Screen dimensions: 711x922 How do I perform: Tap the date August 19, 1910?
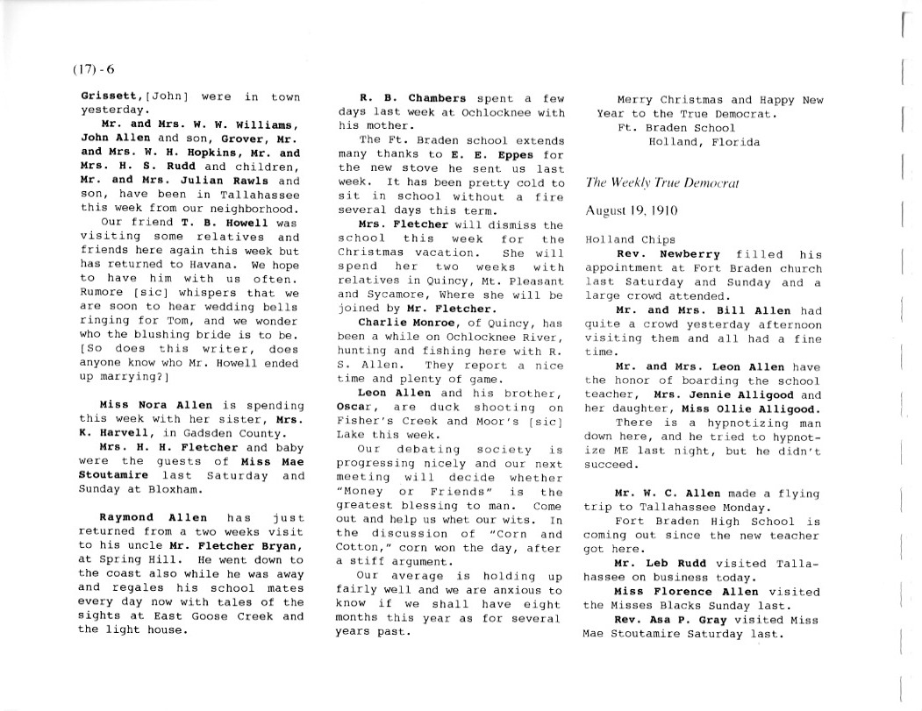(630, 211)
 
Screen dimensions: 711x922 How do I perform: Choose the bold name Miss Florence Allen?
(694, 591)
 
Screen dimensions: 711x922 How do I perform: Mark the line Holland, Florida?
(704, 141)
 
